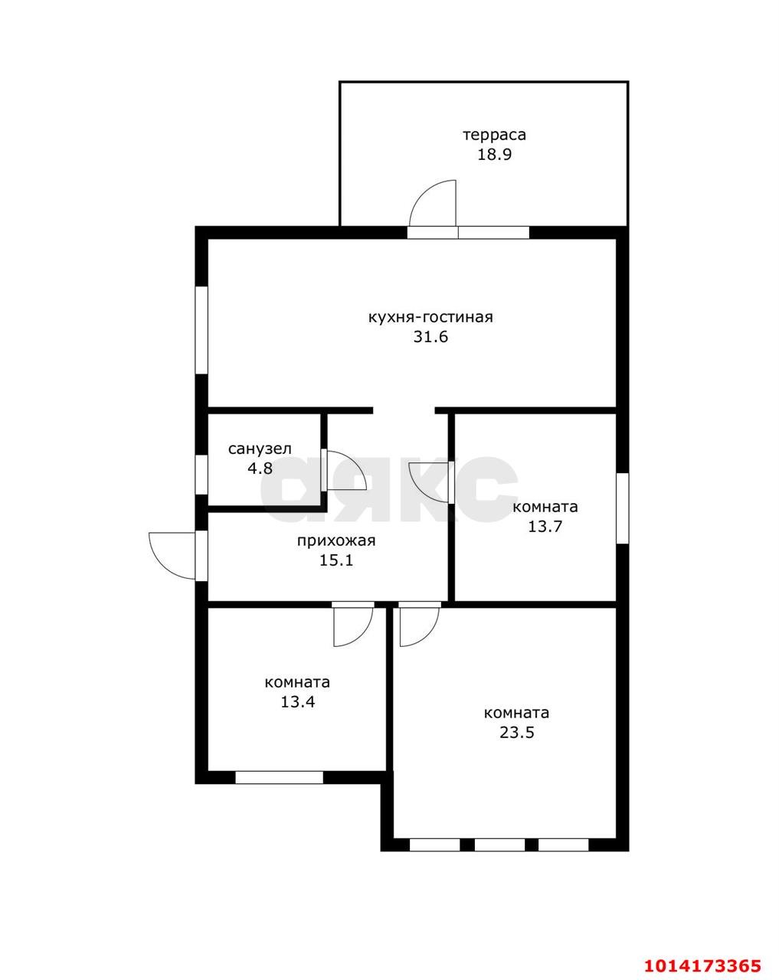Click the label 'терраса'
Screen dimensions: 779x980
pyautogui.click(x=494, y=136)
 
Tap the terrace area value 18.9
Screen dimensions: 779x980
pyautogui.click(x=494, y=155)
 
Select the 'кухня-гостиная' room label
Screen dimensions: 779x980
pyautogui.click(x=430, y=317)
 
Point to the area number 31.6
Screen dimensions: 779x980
pyautogui.click(x=430, y=337)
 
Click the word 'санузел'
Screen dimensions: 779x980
pyautogui.click(x=260, y=449)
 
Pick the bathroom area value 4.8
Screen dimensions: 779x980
pyautogui.click(x=260, y=468)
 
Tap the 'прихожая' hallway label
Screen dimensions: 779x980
pyautogui.click(x=336, y=541)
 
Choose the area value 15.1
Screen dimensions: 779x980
pyautogui.click(x=336, y=560)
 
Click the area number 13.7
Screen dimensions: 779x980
pyautogui.click(x=545, y=527)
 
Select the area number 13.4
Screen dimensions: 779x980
pyautogui.click(x=297, y=702)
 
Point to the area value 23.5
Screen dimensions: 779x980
pyautogui.click(x=516, y=732)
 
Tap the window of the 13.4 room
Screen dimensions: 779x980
pyautogui.click(x=279, y=777)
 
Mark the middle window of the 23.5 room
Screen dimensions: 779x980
pyautogui.click(x=499, y=844)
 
